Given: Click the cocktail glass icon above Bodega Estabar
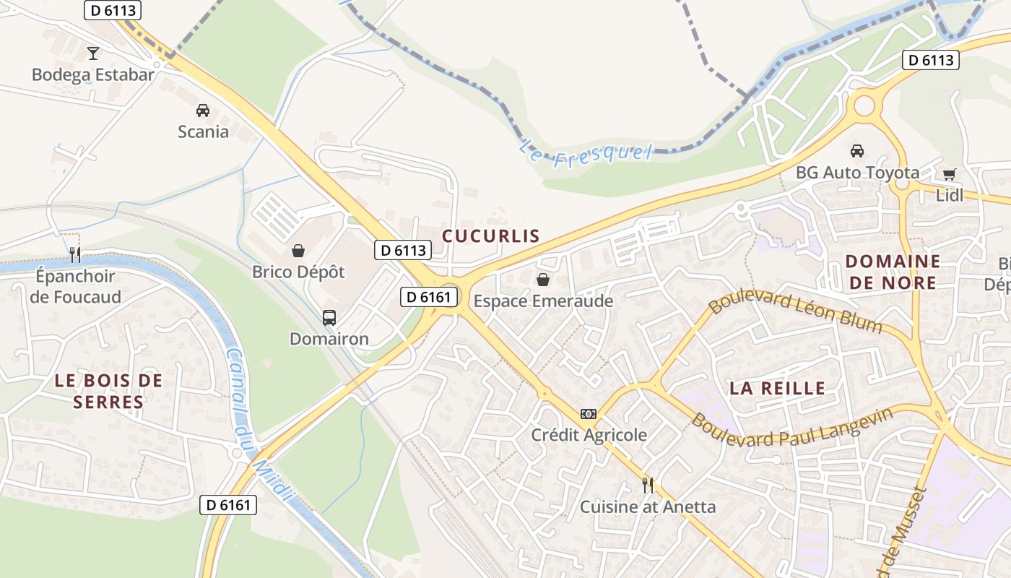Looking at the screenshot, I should [92, 53].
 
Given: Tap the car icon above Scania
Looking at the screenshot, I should [203, 111].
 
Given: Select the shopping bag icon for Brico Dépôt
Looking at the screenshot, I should [298, 251].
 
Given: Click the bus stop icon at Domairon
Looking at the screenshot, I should [329, 317].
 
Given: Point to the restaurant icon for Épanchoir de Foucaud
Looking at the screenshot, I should [75, 254].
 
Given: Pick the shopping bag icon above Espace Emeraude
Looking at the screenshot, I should [542, 280].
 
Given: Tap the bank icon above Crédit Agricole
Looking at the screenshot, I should [589, 414].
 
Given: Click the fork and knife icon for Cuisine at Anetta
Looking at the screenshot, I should [648, 485].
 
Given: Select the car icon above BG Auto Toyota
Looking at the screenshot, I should [857, 150].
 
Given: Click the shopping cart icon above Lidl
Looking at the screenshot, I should [949, 174].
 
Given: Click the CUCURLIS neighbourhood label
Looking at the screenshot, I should [491, 236].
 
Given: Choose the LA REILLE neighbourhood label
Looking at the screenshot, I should [777, 388].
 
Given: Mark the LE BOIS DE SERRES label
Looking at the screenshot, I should [108, 391].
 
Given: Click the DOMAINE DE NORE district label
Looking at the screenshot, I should [893, 272].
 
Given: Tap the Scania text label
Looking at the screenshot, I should [203, 132].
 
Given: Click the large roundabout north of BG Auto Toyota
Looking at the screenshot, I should [864, 105].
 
